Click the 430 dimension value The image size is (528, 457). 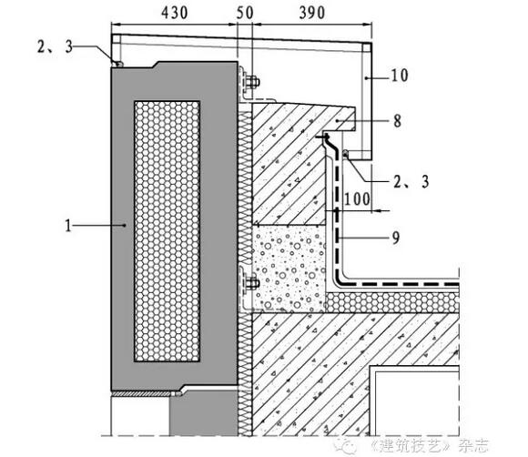(175, 13)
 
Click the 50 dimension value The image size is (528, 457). (245, 13)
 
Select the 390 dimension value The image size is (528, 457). (312, 13)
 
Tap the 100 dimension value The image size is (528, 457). (357, 199)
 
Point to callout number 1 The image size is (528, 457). (68, 225)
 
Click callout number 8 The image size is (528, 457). (397, 121)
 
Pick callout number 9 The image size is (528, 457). (396, 238)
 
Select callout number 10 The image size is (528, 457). (400, 76)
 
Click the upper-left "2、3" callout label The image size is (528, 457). (56, 46)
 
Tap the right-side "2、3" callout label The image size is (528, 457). (411, 182)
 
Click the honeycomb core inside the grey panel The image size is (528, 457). (167, 231)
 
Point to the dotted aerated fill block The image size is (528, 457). (289, 268)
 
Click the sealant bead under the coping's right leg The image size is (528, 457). (345, 153)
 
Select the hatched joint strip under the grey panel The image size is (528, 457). (143, 393)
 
